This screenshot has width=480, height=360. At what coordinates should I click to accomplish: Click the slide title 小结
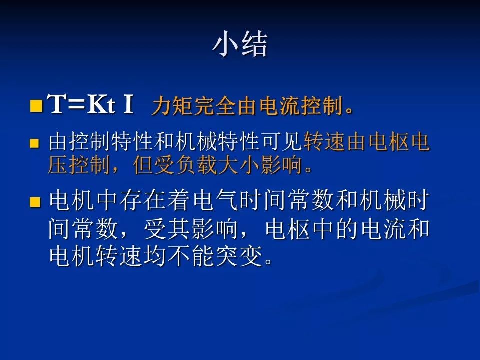pyautogui.click(x=240, y=45)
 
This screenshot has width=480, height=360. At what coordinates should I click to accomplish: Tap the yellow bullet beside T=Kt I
pyautogui.click(x=35, y=106)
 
